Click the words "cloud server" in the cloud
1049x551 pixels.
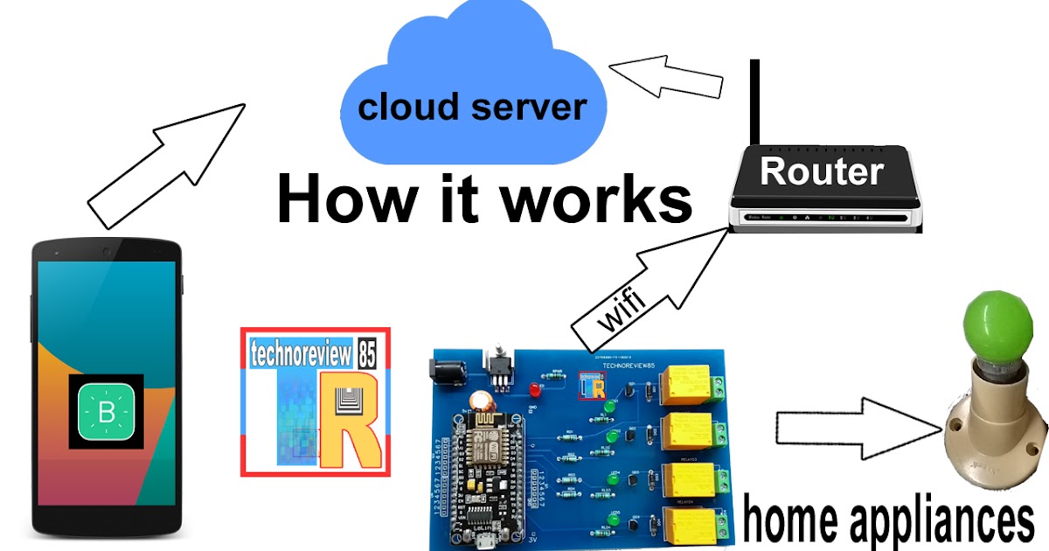click(x=472, y=108)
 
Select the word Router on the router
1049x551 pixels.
click(x=822, y=171)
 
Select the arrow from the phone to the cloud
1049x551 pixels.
click(x=166, y=162)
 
